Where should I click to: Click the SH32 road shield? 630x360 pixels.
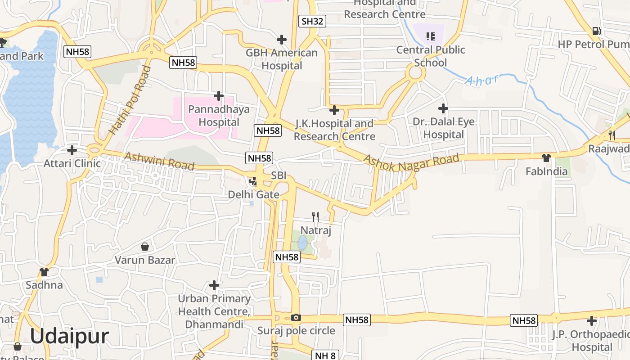pos(312,21)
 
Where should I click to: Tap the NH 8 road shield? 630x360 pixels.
pos(325,355)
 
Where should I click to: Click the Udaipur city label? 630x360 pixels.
pos(69,336)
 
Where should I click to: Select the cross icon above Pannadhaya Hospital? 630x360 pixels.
pos(219,96)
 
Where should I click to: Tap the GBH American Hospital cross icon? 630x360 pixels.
pos(282,40)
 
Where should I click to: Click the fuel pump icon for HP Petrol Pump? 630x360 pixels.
pos(597,31)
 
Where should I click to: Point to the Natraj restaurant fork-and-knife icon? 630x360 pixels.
pos(315,217)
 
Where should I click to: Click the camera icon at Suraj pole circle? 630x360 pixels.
pos(296,317)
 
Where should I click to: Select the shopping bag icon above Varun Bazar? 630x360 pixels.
pos(145,247)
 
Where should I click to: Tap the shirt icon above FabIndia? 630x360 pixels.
pos(546,158)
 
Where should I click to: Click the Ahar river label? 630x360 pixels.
pos(481,81)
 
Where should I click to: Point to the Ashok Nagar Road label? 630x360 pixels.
pos(411,162)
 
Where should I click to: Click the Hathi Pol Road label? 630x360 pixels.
pos(130,100)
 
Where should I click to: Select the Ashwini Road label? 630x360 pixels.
pos(159,161)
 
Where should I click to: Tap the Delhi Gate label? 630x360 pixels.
pos(254,194)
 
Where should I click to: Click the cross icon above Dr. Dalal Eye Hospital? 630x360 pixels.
pos(443,108)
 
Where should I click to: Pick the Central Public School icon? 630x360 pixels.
pos(430,36)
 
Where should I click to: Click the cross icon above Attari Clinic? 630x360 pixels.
pos(72,150)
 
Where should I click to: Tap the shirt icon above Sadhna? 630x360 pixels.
pos(44,272)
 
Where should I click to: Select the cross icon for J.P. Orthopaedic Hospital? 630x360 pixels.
pos(592,321)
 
